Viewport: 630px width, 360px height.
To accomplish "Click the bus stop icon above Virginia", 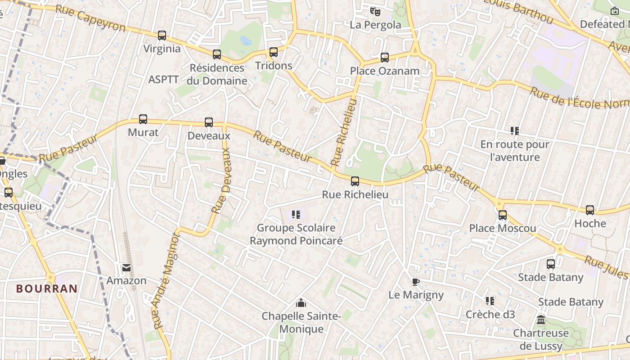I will point(162,35).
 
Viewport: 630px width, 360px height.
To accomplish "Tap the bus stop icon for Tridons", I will point(274,52).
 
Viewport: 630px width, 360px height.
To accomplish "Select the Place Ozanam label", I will point(385,71).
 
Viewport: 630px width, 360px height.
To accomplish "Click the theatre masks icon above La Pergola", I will point(375,11).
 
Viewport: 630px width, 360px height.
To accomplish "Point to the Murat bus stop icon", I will point(143,119).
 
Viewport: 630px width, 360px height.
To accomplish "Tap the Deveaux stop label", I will point(209,135).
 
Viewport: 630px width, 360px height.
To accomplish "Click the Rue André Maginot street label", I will point(166,281).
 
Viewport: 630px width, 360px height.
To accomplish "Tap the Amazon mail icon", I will point(126,268).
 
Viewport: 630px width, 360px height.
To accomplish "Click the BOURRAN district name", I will point(47,288).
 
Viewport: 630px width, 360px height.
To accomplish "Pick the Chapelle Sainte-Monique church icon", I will point(301,303).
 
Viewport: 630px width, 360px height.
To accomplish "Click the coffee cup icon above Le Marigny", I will point(416,282).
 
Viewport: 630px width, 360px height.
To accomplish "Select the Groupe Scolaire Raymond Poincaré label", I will point(296,234).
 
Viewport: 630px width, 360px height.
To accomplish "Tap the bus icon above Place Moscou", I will point(503,215).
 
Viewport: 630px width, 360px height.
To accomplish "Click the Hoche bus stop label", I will point(590,223).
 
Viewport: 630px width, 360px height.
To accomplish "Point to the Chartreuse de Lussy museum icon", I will point(541,320).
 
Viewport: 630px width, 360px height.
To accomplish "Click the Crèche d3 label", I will point(490,314).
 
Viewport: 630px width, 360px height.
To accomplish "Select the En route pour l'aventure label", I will point(515,151).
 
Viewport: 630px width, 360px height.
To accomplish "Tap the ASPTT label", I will point(164,80).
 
